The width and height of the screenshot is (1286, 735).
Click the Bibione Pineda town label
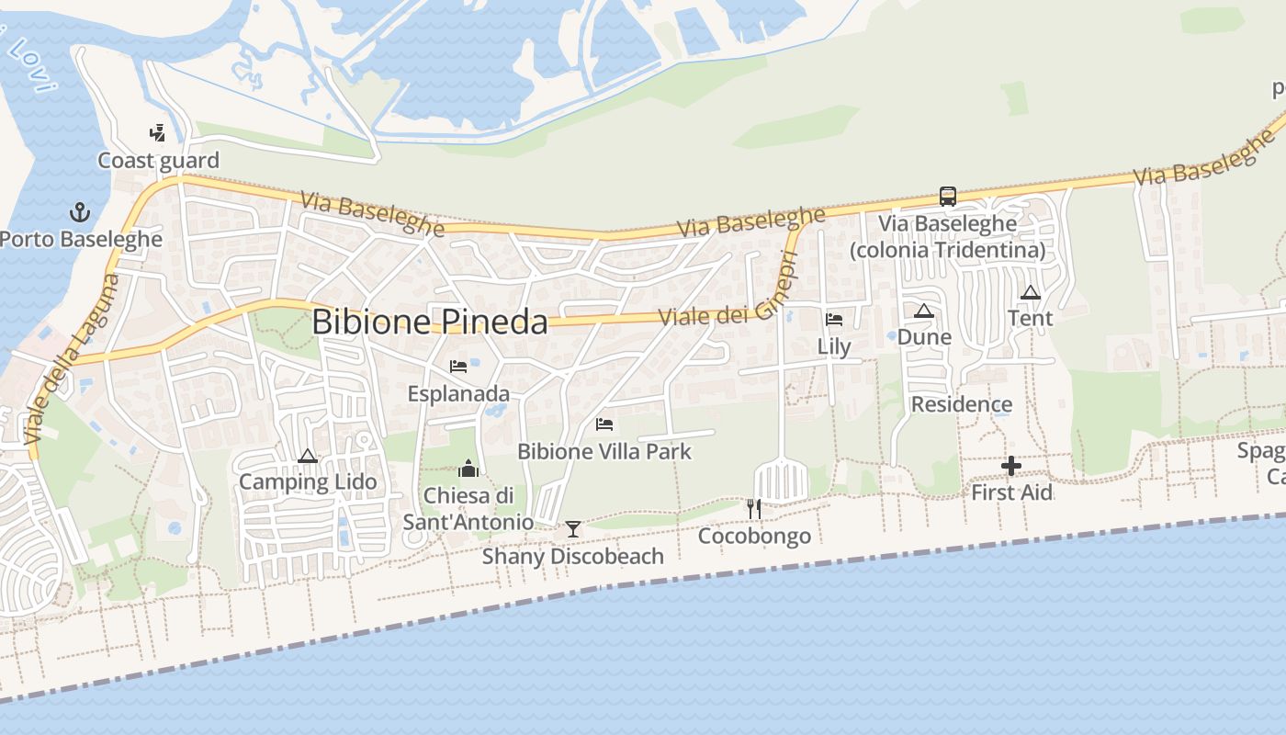tap(430, 322)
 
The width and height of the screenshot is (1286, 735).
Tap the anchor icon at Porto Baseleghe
tap(80, 212)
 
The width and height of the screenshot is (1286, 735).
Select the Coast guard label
tap(159, 161)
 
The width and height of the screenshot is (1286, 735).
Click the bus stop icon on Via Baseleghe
tap(947, 196)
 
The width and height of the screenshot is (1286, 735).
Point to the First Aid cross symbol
tap(1011, 466)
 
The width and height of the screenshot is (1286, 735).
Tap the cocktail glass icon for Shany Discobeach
tap(573, 528)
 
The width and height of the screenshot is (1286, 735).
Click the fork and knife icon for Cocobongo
tap(754, 508)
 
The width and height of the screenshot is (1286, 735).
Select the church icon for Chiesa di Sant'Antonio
tap(468, 469)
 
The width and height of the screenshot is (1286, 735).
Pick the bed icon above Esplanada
tap(458, 367)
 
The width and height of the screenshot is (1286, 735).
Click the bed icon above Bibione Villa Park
tap(604, 424)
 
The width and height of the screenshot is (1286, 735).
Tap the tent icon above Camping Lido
tap(308, 456)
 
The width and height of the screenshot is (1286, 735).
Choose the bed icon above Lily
tap(834, 319)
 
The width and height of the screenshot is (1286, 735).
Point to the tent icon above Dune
tap(924, 311)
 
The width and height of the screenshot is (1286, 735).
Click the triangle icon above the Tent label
tap(1031, 292)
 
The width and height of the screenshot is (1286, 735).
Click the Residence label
tap(962, 404)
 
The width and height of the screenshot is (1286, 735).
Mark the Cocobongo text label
tap(754, 536)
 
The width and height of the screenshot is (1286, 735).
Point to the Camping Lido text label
tap(308, 482)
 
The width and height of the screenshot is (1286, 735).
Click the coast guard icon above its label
tap(158, 133)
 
